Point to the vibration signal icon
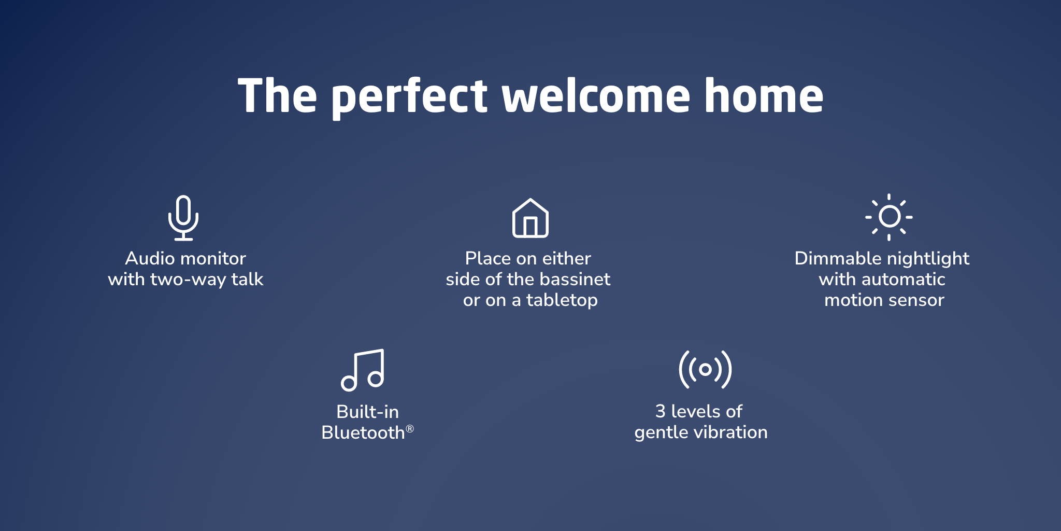click(x=705, y=369)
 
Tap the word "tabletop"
click(x=562, y=300)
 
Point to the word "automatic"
click(x=905, y=279)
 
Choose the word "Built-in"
click(x=368, y=412)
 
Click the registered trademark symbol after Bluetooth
click(x=410, y=429)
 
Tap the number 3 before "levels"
click(x=661, y=411)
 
